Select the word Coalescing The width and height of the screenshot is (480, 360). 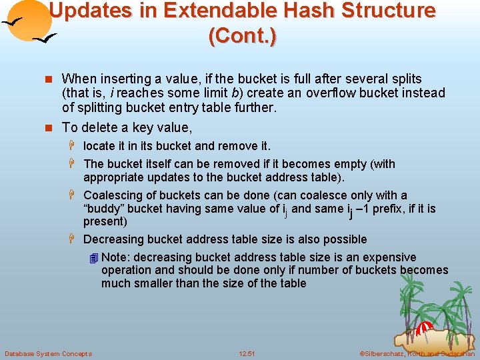click(113, 195)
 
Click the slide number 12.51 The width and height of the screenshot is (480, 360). click(247, 353)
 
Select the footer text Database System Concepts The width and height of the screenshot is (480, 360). click(48, 353)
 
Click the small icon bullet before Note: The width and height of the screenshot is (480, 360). click(93, 258)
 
